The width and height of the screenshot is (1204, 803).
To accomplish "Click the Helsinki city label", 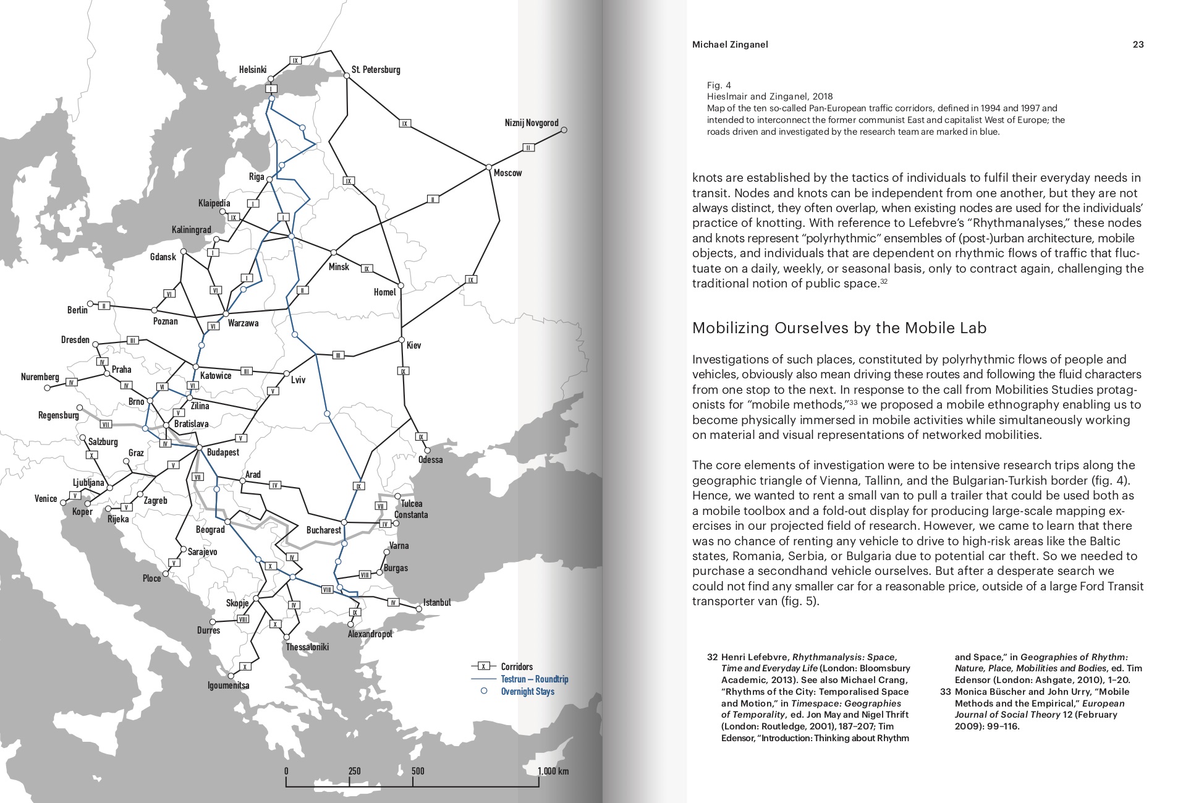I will click(x=253, y=70).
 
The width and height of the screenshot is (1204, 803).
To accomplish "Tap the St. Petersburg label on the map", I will click(x=376, y=69).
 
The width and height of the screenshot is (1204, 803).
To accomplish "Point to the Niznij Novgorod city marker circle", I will click(x=564, y=130).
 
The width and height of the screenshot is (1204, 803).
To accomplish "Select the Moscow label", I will click(x=507, y=173).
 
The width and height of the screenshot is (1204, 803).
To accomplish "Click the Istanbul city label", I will click(x=437, y=602).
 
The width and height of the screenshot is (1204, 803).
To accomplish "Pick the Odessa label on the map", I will click(x=430, y=460).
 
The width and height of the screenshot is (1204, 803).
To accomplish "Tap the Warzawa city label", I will click(x=243, y=323).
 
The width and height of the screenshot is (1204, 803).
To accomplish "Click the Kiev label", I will click(x=413, y=345).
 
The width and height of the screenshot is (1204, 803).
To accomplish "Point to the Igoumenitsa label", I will click(x=228, y=686).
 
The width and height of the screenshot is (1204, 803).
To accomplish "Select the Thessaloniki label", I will click(x=307, y=647).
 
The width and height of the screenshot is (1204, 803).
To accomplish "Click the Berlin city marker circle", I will click(x=90, y=304).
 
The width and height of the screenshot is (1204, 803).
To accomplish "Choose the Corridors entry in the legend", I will click(x=517, y=666).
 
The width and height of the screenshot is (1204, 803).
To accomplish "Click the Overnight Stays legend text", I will click(x=527, y=691).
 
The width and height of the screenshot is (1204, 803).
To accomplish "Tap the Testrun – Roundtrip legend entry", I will click(x=534, y=679).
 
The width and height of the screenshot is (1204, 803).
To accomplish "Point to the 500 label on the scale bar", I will click(x=418, y=771).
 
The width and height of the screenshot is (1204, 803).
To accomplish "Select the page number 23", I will click(x=1138, y=45).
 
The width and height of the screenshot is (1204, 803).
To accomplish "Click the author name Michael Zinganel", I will click(x=730, y=45).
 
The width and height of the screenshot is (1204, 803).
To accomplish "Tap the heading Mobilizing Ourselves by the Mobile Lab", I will click(x=839, y=328).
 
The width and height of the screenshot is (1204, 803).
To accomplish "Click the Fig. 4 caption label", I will click(x=719, y=85).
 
